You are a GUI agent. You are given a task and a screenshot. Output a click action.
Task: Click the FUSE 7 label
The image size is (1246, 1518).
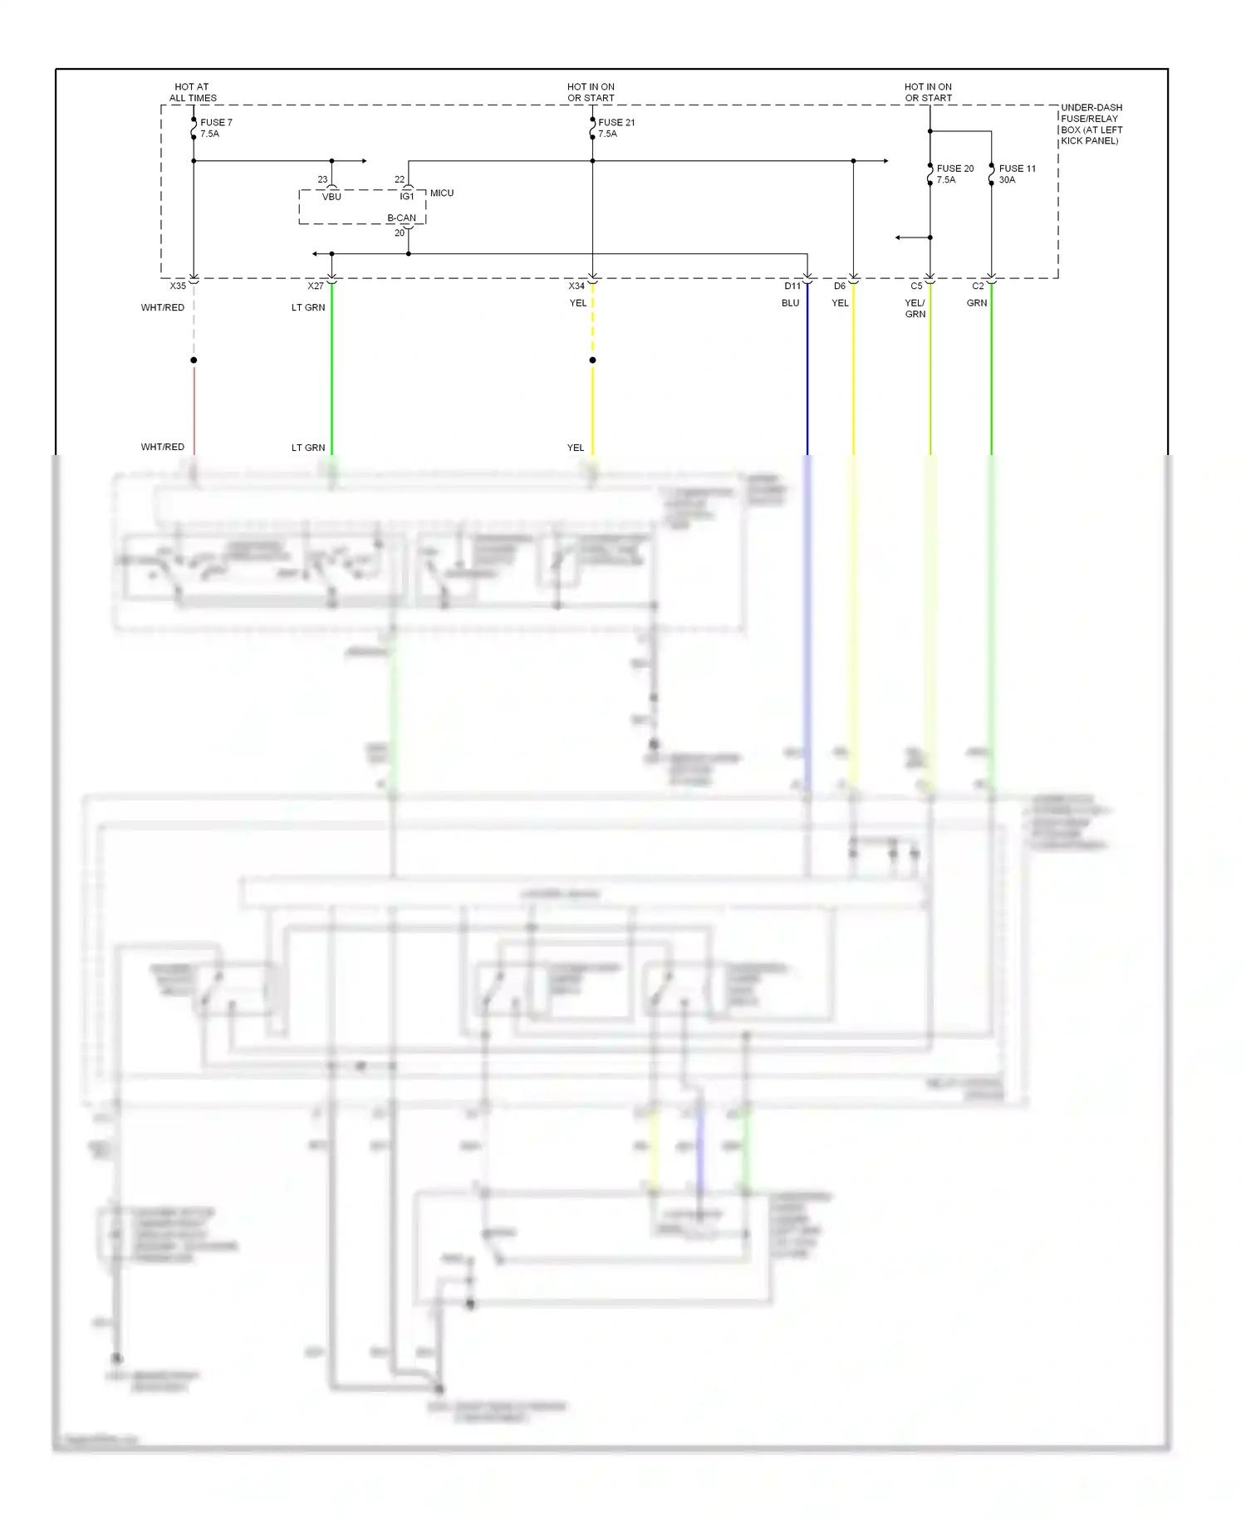(216, 123)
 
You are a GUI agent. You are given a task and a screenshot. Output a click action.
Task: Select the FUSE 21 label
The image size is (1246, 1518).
(616, 123)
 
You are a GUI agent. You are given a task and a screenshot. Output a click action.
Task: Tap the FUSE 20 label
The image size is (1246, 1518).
(955, 169)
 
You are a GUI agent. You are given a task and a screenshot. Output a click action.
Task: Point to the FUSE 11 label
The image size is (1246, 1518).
(1017, 169)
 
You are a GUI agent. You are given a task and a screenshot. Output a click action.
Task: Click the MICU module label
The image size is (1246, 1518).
(442, 193)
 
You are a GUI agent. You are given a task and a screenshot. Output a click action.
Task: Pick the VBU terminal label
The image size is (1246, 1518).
(331, 197)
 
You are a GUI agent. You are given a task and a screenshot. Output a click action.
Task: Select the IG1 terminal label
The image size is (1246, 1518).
(407, 197)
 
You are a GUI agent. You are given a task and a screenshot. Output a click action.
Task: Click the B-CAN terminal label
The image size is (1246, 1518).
(401, 218)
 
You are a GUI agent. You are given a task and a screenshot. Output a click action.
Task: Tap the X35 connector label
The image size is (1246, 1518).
(178, 286)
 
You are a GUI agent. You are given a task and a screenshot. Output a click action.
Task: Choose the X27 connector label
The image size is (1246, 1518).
(316, 286)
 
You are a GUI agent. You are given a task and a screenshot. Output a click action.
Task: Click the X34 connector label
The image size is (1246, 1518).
(576, 286)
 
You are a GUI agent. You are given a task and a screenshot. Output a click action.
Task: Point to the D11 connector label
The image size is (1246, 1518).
(792, 286)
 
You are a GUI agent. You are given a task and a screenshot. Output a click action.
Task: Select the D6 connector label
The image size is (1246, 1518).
(840, 286)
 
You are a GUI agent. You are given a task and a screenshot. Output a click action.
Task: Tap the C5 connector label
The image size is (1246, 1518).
(916, 286)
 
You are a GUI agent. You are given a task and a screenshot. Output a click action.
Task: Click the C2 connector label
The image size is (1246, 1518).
(978, 286)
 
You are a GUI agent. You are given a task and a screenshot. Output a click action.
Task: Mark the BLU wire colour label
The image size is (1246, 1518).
(790, 303)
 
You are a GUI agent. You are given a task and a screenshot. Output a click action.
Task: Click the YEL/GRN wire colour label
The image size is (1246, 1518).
(915, 308)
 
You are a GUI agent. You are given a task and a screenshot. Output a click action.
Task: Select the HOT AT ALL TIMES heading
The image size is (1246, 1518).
(193, 92)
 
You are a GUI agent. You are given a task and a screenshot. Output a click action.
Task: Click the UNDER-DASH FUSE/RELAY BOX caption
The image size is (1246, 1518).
(1091, 125)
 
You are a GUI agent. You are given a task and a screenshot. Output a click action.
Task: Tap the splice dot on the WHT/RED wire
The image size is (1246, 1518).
(194, 360)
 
